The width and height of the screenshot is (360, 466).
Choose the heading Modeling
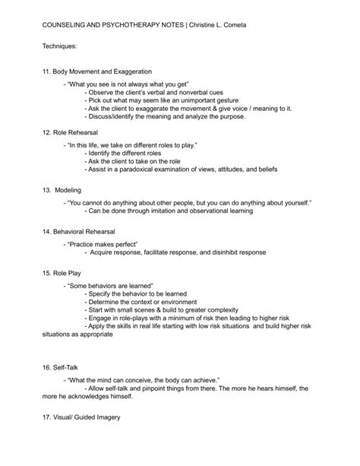tap(68, 190)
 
